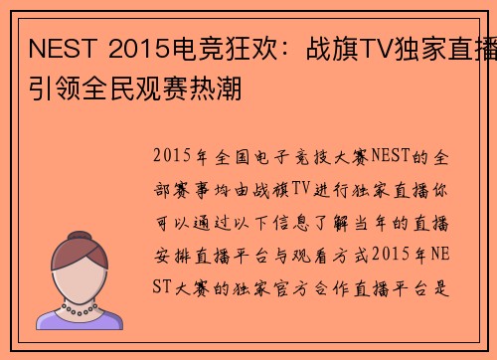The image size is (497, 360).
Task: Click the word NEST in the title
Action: click(x=59, y=48)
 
